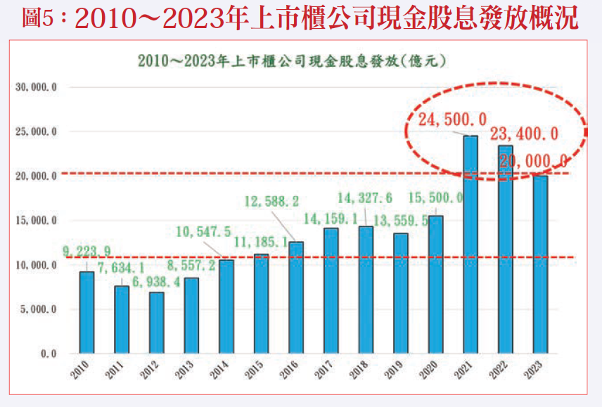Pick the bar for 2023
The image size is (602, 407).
tap(540, 264)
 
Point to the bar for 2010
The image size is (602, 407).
tap(87, 312)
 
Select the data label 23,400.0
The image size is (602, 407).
tap(524, 134)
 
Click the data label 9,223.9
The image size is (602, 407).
tap(87, 252)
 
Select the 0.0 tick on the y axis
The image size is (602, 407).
tap(47, 353)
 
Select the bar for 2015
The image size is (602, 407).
tap(261, 303)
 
